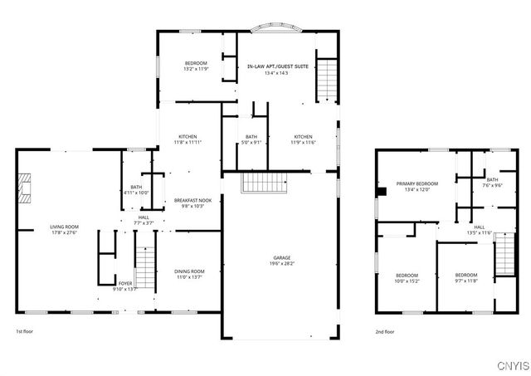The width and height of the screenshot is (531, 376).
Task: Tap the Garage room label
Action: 281,257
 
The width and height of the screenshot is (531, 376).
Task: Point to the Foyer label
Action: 124,284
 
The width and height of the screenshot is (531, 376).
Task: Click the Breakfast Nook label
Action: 192,200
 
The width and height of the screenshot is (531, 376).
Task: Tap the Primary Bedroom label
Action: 417,183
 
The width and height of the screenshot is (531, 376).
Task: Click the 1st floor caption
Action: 26,332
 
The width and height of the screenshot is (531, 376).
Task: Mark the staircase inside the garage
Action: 263,182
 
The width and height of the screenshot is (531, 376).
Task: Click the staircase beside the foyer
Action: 145,266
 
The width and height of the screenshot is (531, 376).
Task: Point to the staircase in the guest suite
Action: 328,79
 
